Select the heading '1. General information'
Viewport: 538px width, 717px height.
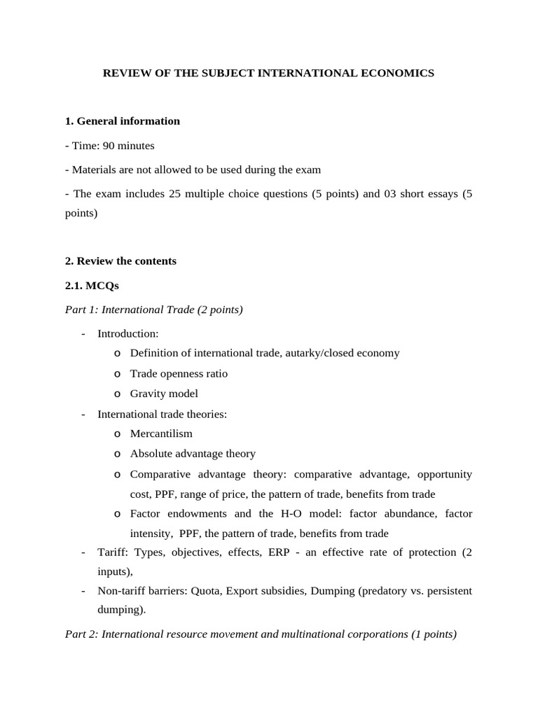[123, 121]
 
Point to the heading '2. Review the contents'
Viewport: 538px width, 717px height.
[120, 261]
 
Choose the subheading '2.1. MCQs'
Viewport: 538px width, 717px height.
[92, 286]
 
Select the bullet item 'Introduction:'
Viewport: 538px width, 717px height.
[128, 333]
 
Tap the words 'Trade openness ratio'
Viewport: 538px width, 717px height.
[179, 373]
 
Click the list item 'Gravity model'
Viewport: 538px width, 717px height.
[164, 394]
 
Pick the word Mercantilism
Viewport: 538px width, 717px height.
[161, 433]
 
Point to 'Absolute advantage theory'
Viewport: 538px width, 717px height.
[193, 454]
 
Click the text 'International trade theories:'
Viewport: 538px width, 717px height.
[162, 414]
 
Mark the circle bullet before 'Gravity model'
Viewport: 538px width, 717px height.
[117, 394]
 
